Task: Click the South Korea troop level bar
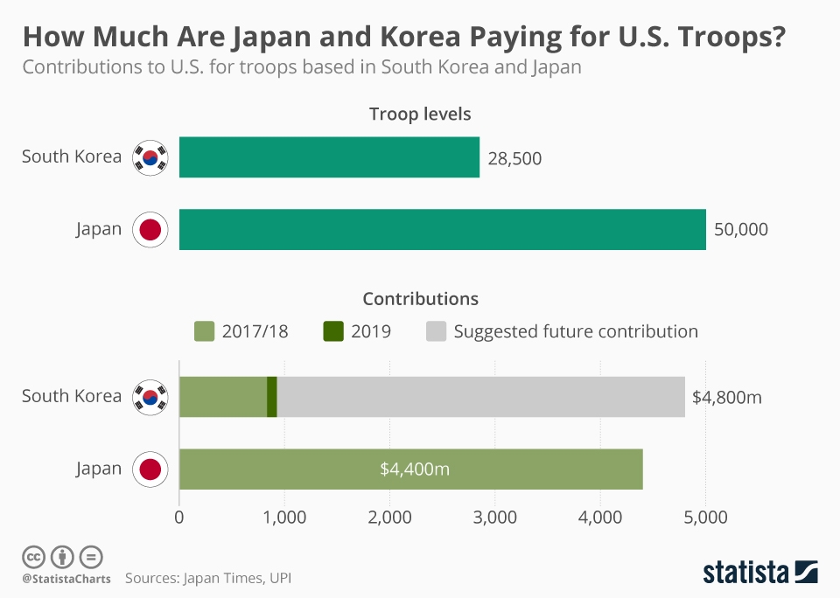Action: [329, 157]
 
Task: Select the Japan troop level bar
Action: [442, 229]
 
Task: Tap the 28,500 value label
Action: [514, 158]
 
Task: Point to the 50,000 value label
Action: [740, 230]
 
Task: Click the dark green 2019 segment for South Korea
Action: [272, 396]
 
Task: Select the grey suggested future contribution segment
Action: [481, 396]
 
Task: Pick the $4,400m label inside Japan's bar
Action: [415, 469]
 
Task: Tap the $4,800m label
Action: [726, 397]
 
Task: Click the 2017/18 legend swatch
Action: [204, 331]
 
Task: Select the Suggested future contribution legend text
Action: [576, 331]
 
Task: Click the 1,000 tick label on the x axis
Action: [284, 517]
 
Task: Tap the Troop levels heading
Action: [420, 115]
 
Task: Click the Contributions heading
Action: [420, 299]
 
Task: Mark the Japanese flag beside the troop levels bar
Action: [150, 230]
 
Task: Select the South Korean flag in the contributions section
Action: [150, 397]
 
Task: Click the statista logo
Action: [759, 573]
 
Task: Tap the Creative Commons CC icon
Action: [33, 556]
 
